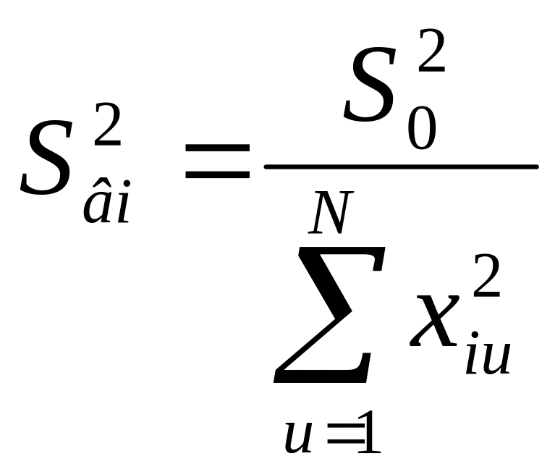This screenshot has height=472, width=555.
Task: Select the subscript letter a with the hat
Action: click(x=97, y=206)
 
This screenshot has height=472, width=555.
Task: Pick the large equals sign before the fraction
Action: click(x=217, y=161)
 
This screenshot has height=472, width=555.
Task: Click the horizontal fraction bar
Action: click(x=401, y=167)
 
